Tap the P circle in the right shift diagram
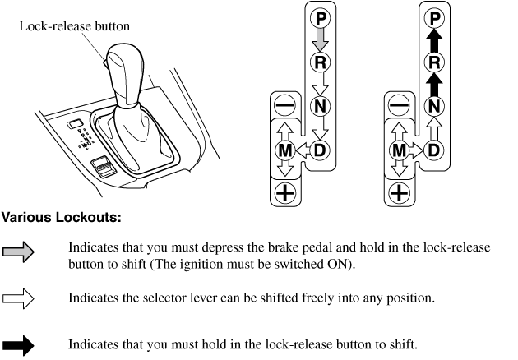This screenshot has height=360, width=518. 434,17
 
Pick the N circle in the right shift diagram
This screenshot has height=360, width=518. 434,105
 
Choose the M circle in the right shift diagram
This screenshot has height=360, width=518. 399,150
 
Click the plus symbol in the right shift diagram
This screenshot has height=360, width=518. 399,193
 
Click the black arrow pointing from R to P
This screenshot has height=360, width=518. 434,39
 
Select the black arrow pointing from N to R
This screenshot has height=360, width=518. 434,83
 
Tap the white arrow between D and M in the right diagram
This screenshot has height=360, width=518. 417,150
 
